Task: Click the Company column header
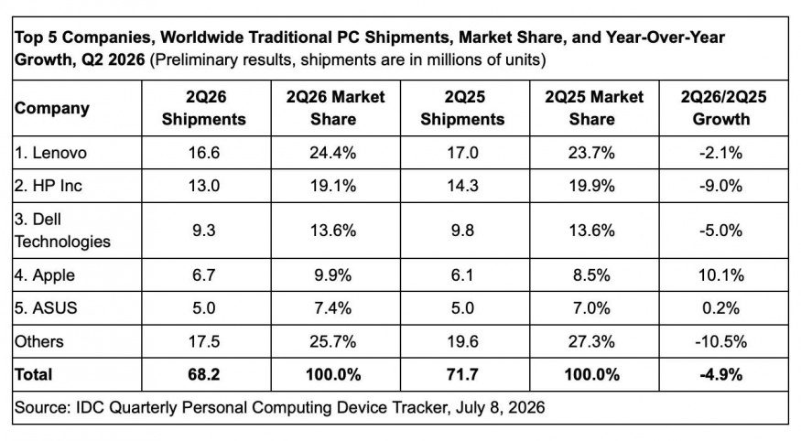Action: (52, 108)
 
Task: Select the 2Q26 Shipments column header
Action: (204, 108)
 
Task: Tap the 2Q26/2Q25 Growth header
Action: (723, 108)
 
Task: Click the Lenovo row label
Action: (50, 153)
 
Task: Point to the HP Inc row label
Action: (49, 186)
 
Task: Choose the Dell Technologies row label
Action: (62, 231)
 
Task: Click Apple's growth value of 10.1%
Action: (720, 275)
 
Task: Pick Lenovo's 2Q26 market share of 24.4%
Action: (333, 153)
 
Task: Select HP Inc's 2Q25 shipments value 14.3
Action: (462, 186)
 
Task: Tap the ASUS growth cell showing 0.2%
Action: (720, 308)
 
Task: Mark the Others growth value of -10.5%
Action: (720, 341)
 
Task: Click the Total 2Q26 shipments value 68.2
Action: (204, 374)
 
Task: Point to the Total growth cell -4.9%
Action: (720, 374)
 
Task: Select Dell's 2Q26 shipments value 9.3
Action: (204, 231)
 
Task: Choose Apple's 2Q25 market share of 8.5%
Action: (591, 275)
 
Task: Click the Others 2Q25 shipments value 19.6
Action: (462, 341)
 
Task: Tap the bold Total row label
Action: (34, 374)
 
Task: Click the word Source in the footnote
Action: (42, 407)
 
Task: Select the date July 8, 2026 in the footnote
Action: (501, 407)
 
